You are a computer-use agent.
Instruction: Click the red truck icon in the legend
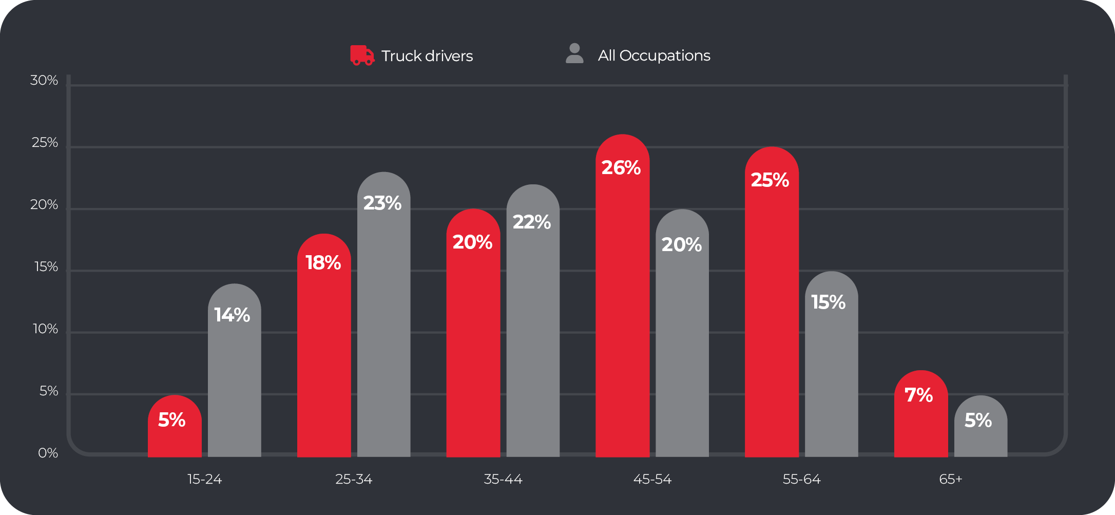[x=362, y=55]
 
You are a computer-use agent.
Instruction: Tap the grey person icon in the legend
[x=574, y=53]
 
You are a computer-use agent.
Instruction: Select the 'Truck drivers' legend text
[x=427, y=55]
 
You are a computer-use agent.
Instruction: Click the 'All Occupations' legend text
[x=654, y=55]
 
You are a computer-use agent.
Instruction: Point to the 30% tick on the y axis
[x=44, y=81]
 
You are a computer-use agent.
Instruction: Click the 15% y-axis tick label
[x=46, y=267]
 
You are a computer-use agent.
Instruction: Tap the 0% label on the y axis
[x=48, y=453]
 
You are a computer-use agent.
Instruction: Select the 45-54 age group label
[x=652, y=479]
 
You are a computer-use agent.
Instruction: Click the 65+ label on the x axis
[x=950, y=479]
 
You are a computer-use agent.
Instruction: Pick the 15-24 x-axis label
[x=204, y=479]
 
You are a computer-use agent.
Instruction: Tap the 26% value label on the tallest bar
[x=621, y=168]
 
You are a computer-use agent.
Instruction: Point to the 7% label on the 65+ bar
[x=918, y=395]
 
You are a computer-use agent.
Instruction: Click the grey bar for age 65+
[x=981, y=436]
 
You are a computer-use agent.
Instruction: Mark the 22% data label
[x=532, y=222]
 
